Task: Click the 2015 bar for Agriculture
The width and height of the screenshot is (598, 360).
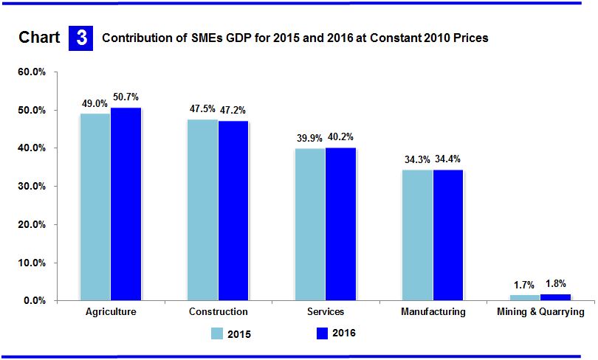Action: click(95, 207)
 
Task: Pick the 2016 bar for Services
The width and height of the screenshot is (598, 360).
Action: click(340, 224)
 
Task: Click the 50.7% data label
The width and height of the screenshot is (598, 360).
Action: click(126, 97)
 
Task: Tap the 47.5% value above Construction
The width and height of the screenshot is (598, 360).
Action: click(202, 108)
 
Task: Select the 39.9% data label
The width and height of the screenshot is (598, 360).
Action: click(309, 137)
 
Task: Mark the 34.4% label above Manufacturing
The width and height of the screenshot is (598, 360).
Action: click(448, 159)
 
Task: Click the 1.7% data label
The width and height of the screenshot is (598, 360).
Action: click(525, 284)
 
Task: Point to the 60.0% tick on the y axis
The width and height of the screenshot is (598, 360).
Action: click(32, 72)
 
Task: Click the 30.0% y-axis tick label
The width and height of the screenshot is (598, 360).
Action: click(32, 187)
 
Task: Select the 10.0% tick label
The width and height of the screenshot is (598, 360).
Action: click(32, 263)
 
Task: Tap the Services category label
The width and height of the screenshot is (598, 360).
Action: click(325, 312)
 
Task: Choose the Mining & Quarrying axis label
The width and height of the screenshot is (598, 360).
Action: click(541, 312)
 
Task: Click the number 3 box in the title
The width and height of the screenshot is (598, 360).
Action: click(80, 38)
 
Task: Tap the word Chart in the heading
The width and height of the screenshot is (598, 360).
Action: click(39, 38)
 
